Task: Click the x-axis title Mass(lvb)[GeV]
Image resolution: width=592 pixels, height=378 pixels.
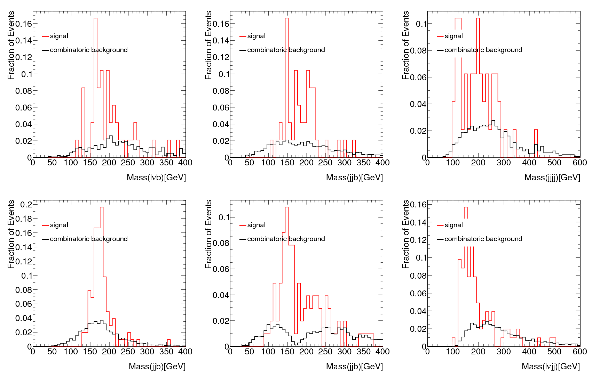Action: [x=156, y=178]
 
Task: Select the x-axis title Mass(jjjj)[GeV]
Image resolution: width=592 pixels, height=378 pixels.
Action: [x=552, y=178]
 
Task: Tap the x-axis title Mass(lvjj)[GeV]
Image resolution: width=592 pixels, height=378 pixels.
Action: [x=551, y=367]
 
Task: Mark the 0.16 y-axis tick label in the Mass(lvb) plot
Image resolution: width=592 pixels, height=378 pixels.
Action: [x=23, y=24]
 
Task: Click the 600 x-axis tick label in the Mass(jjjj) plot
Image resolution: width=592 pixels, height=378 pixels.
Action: [x=580, y=163]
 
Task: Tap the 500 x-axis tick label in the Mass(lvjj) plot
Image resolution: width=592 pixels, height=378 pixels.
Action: [x=554, y=352]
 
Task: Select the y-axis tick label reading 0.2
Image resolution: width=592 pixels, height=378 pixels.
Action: [x=26, y=205]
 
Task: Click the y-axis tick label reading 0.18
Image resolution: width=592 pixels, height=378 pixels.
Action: [x=23, y=219]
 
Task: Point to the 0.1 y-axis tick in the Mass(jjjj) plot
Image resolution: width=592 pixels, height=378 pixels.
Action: [x=421, y=24]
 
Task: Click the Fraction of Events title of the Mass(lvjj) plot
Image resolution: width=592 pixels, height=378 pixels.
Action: [x=405, y=234]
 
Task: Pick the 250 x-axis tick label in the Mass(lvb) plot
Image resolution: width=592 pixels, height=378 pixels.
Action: [x=128, y=163]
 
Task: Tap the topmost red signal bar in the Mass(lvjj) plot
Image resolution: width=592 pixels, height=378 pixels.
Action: [x=466, y=208]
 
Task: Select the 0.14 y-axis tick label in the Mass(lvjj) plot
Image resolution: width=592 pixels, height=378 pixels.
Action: [x=418, y=222]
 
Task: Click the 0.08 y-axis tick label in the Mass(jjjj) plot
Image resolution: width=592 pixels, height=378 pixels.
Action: [x=418, y=51]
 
